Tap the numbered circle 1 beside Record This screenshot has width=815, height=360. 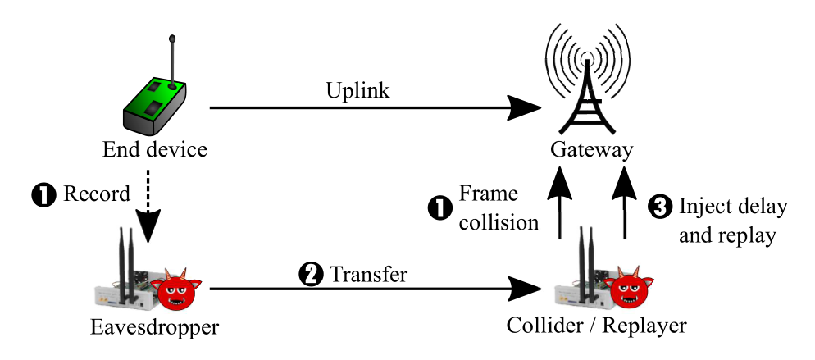tap(42, 194)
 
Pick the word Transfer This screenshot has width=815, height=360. tap(368, 275)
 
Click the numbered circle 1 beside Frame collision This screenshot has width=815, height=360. tap(439, 207)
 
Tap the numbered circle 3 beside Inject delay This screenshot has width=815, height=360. tap(659, 207)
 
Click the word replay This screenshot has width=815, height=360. tap(749, 236)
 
